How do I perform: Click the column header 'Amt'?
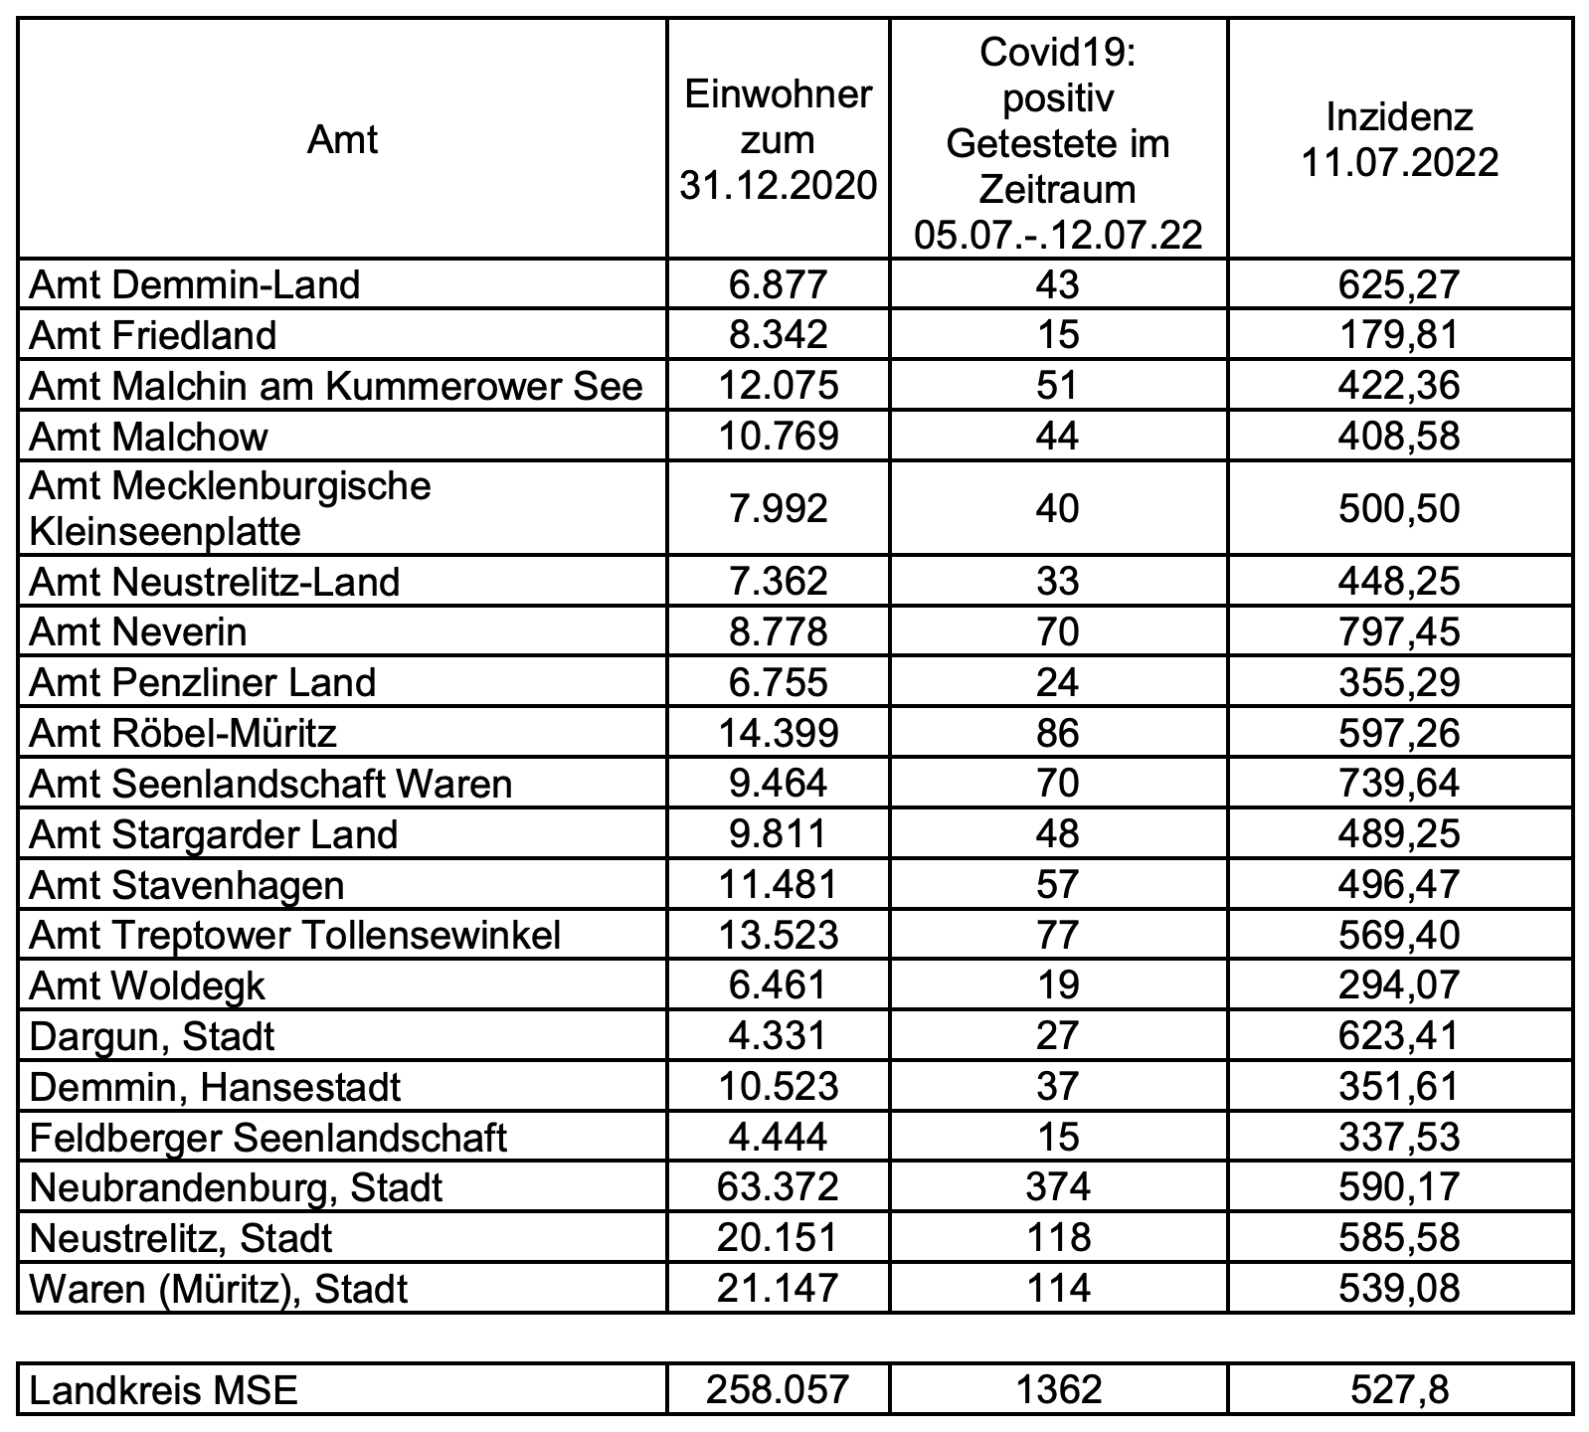(342, 140)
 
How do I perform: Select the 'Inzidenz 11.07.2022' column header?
(1400, 140)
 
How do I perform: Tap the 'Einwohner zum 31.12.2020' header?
(778, 140)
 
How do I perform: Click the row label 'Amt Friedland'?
(153, 335)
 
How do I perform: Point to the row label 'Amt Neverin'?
(138, 632)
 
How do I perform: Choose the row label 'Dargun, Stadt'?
(152, 1037)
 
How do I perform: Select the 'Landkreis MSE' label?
(164, 1389)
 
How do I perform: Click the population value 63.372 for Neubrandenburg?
(778, 1187)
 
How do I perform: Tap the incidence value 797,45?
(1400, 632)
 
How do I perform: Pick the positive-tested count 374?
(1057, 1187)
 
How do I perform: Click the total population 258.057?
(778, 1389)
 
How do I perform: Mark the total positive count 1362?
(1057, 1389)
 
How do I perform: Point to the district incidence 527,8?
(1400, 1389)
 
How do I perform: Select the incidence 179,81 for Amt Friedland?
(1400, 335)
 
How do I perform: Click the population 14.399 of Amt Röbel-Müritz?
(778, 734)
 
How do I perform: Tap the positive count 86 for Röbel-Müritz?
(1057, 734)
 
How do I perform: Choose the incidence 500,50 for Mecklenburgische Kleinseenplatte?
(1400, 509)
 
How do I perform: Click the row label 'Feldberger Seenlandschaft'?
(268, 1138)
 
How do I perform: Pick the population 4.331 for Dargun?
(778, 1037)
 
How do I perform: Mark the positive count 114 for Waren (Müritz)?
(1057, 1289)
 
